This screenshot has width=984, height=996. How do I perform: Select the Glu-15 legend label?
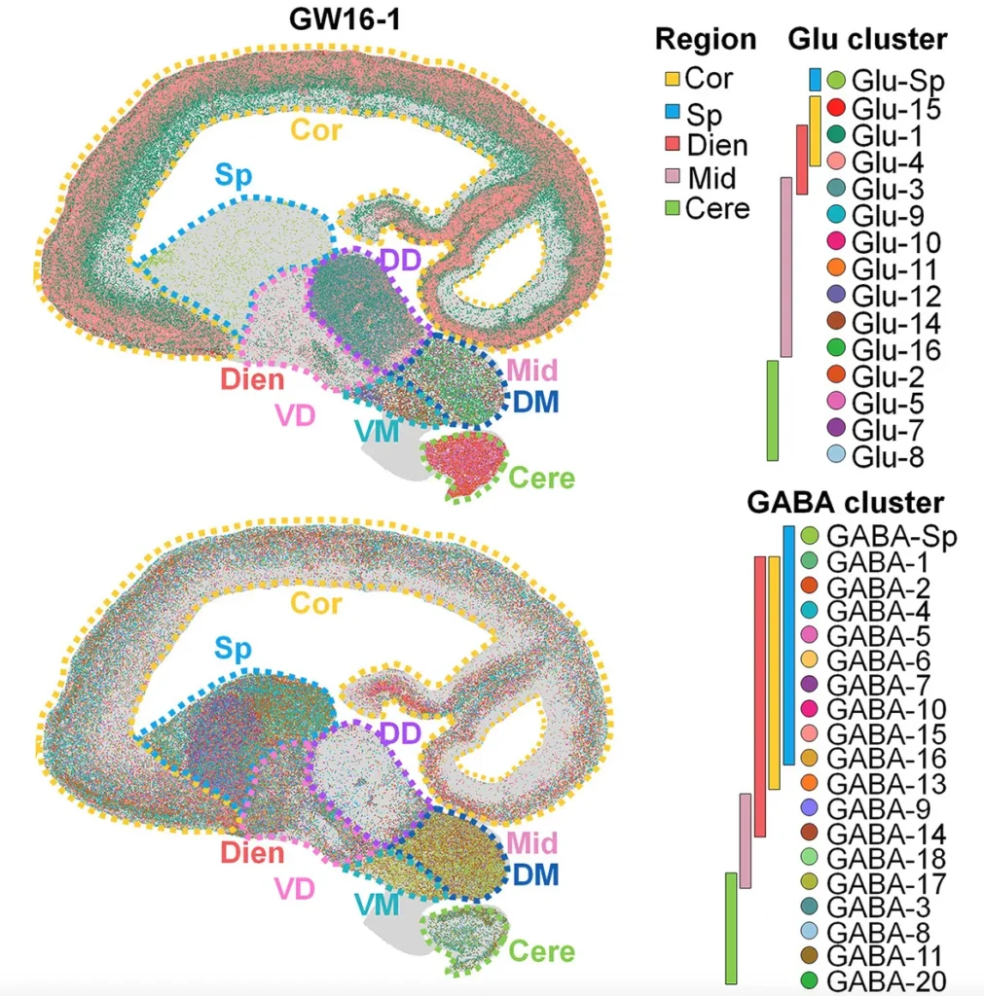coord(896,109)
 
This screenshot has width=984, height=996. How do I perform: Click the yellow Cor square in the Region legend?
coord(671,79)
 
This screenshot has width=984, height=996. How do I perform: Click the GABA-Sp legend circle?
coord(809,536)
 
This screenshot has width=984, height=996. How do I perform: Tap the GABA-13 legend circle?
coord(809,783)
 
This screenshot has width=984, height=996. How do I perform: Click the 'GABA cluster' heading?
coord(846,503)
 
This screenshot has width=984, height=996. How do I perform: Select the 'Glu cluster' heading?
coord(866,39)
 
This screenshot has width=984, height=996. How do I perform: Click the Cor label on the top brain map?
coord(316,128)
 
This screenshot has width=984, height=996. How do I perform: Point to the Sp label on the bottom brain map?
coord(233,649)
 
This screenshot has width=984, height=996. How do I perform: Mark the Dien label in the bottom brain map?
coord(251,853)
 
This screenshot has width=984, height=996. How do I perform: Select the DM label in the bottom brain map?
coord(535,874)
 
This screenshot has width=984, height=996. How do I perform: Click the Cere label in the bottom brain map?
coord(542,950)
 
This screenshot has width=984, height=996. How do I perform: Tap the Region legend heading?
coord(706,39)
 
